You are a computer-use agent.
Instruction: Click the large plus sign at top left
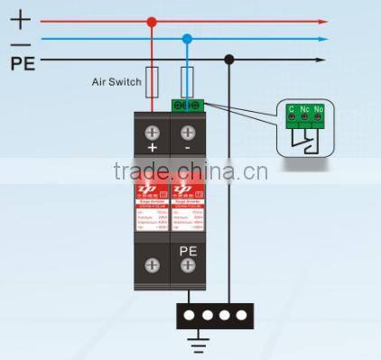click(22, 18)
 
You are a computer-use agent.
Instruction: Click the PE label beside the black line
click(23, 63)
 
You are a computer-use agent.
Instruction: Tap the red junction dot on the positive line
click(153, 21)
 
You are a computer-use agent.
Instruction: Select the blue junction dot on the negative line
click(187, 40)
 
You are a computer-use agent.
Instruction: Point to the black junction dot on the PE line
click(230, 60)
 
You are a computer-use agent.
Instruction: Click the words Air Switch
click(116, 82)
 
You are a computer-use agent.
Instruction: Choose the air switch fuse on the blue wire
click(187, 78)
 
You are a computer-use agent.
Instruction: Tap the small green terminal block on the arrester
click(186, 105)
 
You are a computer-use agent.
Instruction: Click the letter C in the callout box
click(292, 109)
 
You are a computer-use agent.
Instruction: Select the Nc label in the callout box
click(306, 109)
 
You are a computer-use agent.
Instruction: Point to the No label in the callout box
click(321, 109)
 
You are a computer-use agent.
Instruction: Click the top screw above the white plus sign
click(153, 130)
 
